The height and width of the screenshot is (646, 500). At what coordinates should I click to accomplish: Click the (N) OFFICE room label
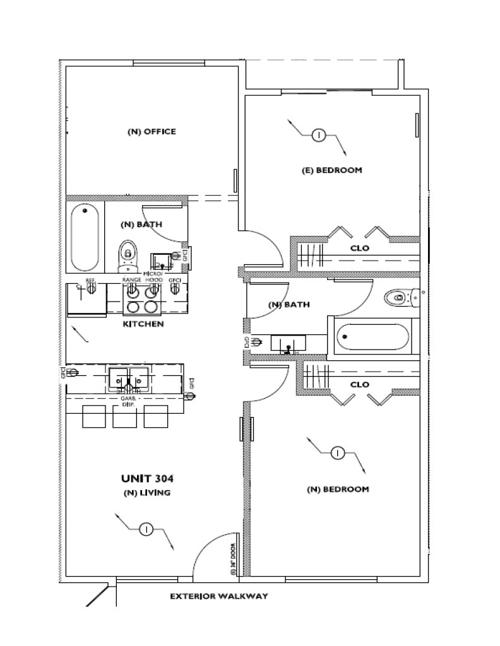click(152, 132)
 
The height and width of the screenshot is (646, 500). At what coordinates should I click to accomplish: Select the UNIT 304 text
click(147, 478)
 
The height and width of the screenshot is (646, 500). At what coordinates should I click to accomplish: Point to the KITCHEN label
click(143, 324)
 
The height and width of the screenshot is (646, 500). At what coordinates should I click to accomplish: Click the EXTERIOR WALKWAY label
click(219, 596)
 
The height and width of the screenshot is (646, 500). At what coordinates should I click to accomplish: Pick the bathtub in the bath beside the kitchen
click(85, 237)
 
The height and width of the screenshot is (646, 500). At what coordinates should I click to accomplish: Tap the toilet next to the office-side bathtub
click(128, 255)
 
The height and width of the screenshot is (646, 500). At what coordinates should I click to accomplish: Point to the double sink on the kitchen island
click(129, 379)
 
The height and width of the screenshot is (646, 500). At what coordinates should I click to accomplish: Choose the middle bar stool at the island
click(124, 416)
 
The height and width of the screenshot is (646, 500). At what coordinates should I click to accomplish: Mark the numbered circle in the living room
click(146, 529)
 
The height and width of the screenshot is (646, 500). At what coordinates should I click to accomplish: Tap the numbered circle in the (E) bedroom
click(319, 135)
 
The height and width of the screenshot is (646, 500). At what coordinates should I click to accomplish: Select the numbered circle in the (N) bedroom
click(338, 452)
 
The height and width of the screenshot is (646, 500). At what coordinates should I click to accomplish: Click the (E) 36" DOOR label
click(233, 561)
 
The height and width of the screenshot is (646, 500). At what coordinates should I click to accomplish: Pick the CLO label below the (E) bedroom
click(360, 249)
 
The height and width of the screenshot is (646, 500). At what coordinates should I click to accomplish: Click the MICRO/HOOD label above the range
click(154, 277)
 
